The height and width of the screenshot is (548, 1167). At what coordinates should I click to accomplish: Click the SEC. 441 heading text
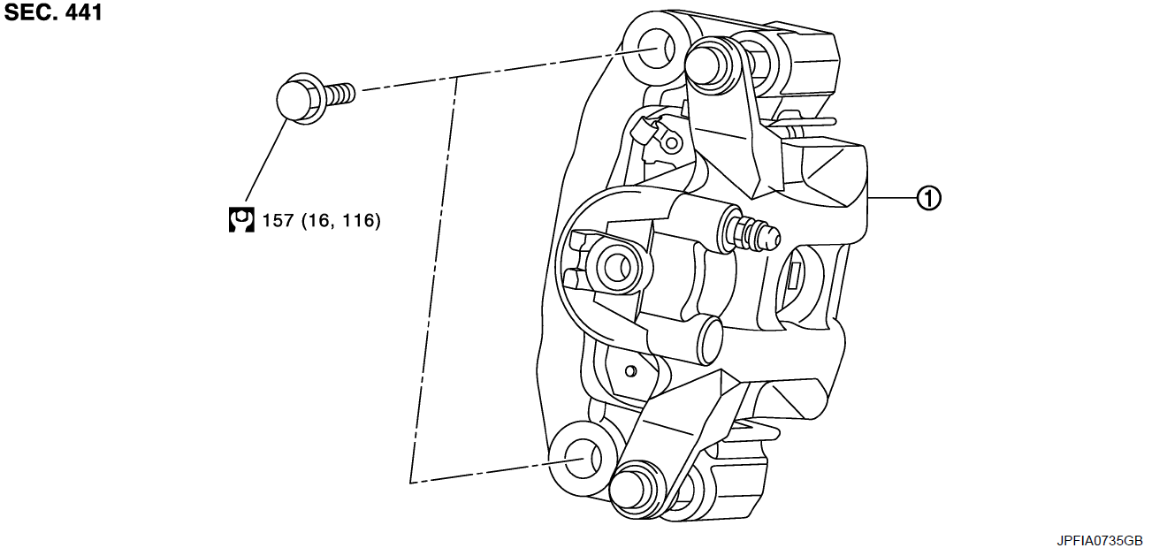[53, 12]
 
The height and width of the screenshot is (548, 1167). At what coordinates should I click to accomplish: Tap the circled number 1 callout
[928, 198]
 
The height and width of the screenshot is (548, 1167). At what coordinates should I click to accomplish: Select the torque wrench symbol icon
[241, 220]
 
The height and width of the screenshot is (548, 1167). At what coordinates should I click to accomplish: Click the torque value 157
[278, 221]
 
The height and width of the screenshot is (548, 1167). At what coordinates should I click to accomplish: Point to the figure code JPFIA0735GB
[1099, 540]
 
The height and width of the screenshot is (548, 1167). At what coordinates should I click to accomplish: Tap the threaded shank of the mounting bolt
[339, 95]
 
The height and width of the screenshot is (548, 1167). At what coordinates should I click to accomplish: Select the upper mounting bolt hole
[656, 49]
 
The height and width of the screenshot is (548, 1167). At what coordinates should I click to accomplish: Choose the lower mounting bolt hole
[583, 459]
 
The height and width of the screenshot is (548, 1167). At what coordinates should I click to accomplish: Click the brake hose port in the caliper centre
[618, 268]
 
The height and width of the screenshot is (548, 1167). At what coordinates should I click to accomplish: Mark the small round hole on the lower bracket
[630, 371]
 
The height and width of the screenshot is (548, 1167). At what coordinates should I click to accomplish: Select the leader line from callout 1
[892, 198]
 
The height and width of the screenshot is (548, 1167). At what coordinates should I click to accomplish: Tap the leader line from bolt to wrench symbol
[266, 161]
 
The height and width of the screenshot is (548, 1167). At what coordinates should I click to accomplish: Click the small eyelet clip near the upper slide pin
[672, 142]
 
